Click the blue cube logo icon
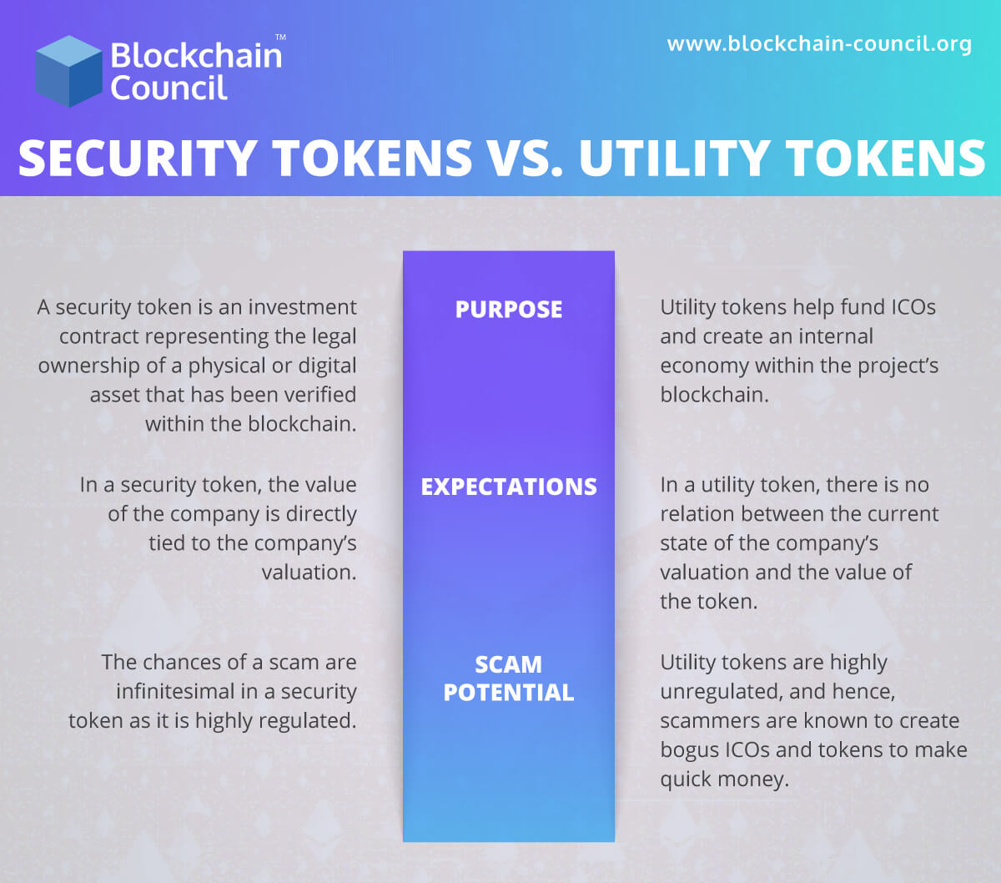[68, 71]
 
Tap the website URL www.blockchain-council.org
[819, 43]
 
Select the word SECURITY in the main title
[138, 158]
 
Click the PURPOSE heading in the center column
[509, 309]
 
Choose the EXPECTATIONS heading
[509, 487]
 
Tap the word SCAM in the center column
[509, 664]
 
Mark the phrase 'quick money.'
[724, 780]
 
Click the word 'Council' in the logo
[169, 88]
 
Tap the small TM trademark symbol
[280, 38]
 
